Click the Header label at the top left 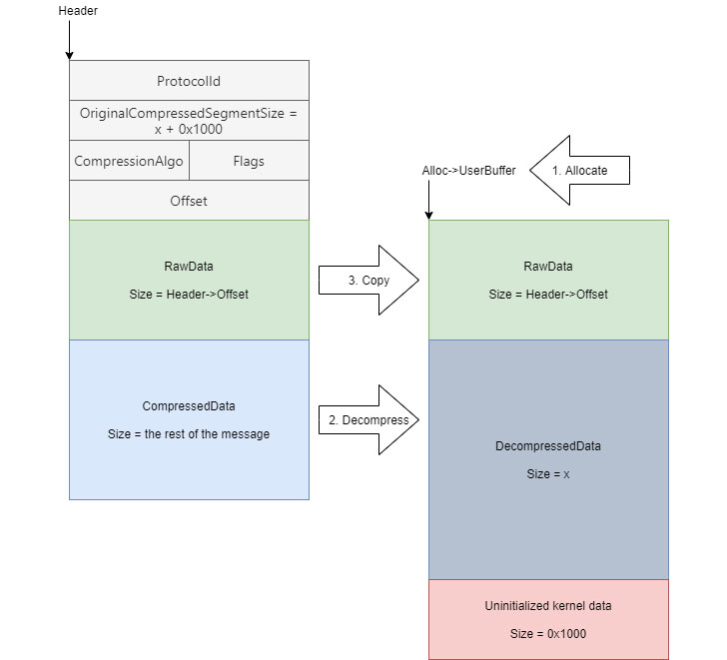[79, 11]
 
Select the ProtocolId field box [189, 81]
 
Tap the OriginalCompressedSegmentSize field [189, 121]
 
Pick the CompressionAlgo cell [128, 160]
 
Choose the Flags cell [249, 160]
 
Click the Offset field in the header [189, 201]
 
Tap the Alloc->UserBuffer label [469, 171]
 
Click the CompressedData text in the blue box [189, 406]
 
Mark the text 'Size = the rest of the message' [189, 434]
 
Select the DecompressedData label [548, 446]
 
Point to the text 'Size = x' [548, 474]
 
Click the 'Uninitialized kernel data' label [548, 606]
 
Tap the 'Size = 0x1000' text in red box [548, 634]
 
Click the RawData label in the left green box [189, 267]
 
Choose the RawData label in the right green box [548, 267]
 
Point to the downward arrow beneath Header [69, 40]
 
